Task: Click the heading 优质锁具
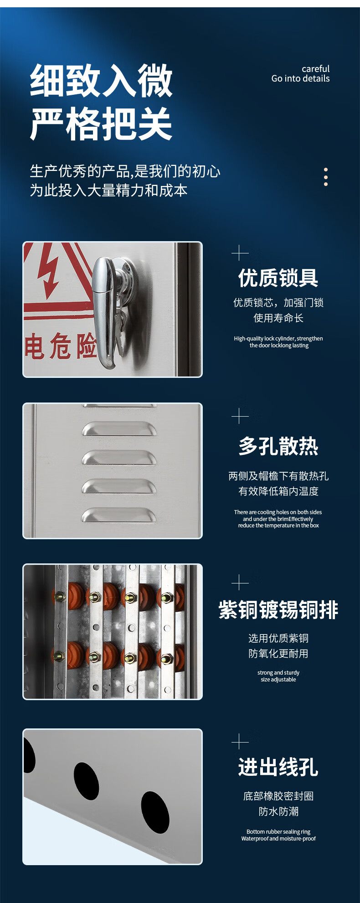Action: [x=278, y=278]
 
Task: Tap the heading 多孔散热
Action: [x=278, y=446]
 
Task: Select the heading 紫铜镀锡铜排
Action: [x=278, y=610]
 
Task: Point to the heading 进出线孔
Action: [x=278, y=767]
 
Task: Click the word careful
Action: [x=315, y=69]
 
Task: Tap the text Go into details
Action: [x=300, y=78]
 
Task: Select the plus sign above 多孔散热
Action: [x=240, y=416]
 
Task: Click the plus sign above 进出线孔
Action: [x=240, y=742]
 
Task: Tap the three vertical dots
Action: [x=326, y=177]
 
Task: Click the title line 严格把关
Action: [x=101, y=124]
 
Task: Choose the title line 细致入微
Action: [x=101, y=81]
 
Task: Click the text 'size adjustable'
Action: [x=278, y=680]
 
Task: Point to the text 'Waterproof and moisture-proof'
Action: [x=278, y=839]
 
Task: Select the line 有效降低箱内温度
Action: [x=278, y=491]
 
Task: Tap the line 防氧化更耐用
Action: [x=278, y=654]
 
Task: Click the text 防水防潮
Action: [x=278, y=811]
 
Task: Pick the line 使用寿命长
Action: [x=278, y=318]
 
